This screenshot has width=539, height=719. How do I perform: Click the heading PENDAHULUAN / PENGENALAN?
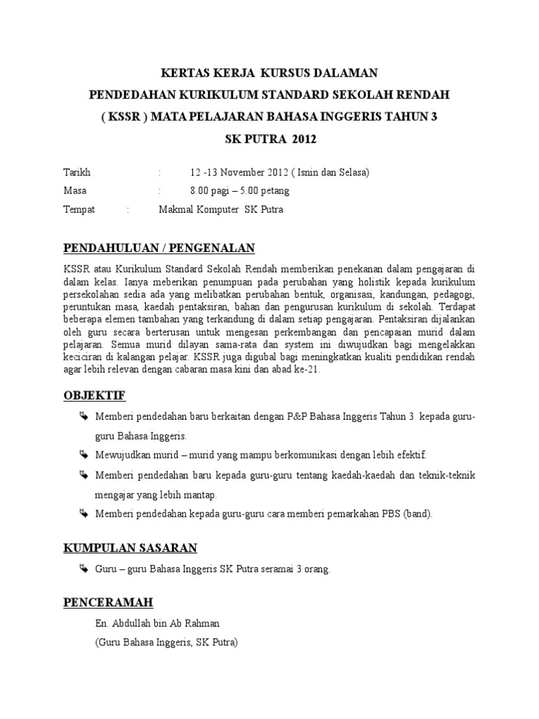point(159,248)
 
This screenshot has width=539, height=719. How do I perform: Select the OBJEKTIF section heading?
point(94,397)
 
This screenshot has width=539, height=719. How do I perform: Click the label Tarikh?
point(77,172)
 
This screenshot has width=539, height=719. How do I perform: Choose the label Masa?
point(75,191)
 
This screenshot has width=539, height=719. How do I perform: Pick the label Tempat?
point(79,210)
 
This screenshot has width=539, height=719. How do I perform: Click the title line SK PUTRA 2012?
point(270,139)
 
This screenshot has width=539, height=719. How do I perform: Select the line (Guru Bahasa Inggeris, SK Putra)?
point(167,642)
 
